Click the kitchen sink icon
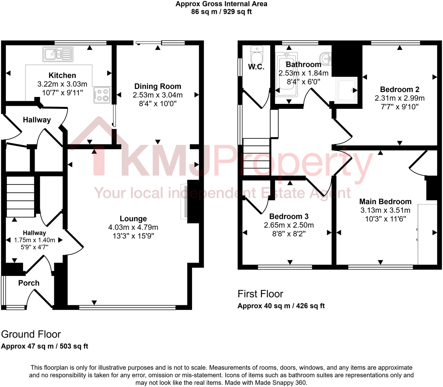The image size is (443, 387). pyautogui.click(x=58, y=54)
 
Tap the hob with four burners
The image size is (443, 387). pyautogui.click(x=102, y=95)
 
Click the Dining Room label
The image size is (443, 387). pyautogui.click(x=158, y=86)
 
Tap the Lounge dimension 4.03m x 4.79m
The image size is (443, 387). pyautogui.click(x=133, y=227)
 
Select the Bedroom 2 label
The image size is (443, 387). pyautogui.click(x=400, y=89)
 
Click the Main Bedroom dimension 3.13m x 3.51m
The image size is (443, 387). pyautogui.click(x=385, y=210)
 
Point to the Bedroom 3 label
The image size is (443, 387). pyautogui.click(x=289, y=216)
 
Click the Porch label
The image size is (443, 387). pyautogui.click(x=29, y=283)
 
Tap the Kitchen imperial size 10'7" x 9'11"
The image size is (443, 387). pyautogui.click(x=62, y=93)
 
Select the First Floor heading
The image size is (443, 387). pyautogui.click(x=261, y=294)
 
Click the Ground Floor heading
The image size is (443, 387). pyautogui.click(x=31, y=334)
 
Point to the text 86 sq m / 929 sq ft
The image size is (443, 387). pyautogui.click(x=221, y=12)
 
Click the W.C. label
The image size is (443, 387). pyautogui.click(x=256, y=67)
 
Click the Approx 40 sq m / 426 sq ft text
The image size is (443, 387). pyautogui.click(x=281, y=306)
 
